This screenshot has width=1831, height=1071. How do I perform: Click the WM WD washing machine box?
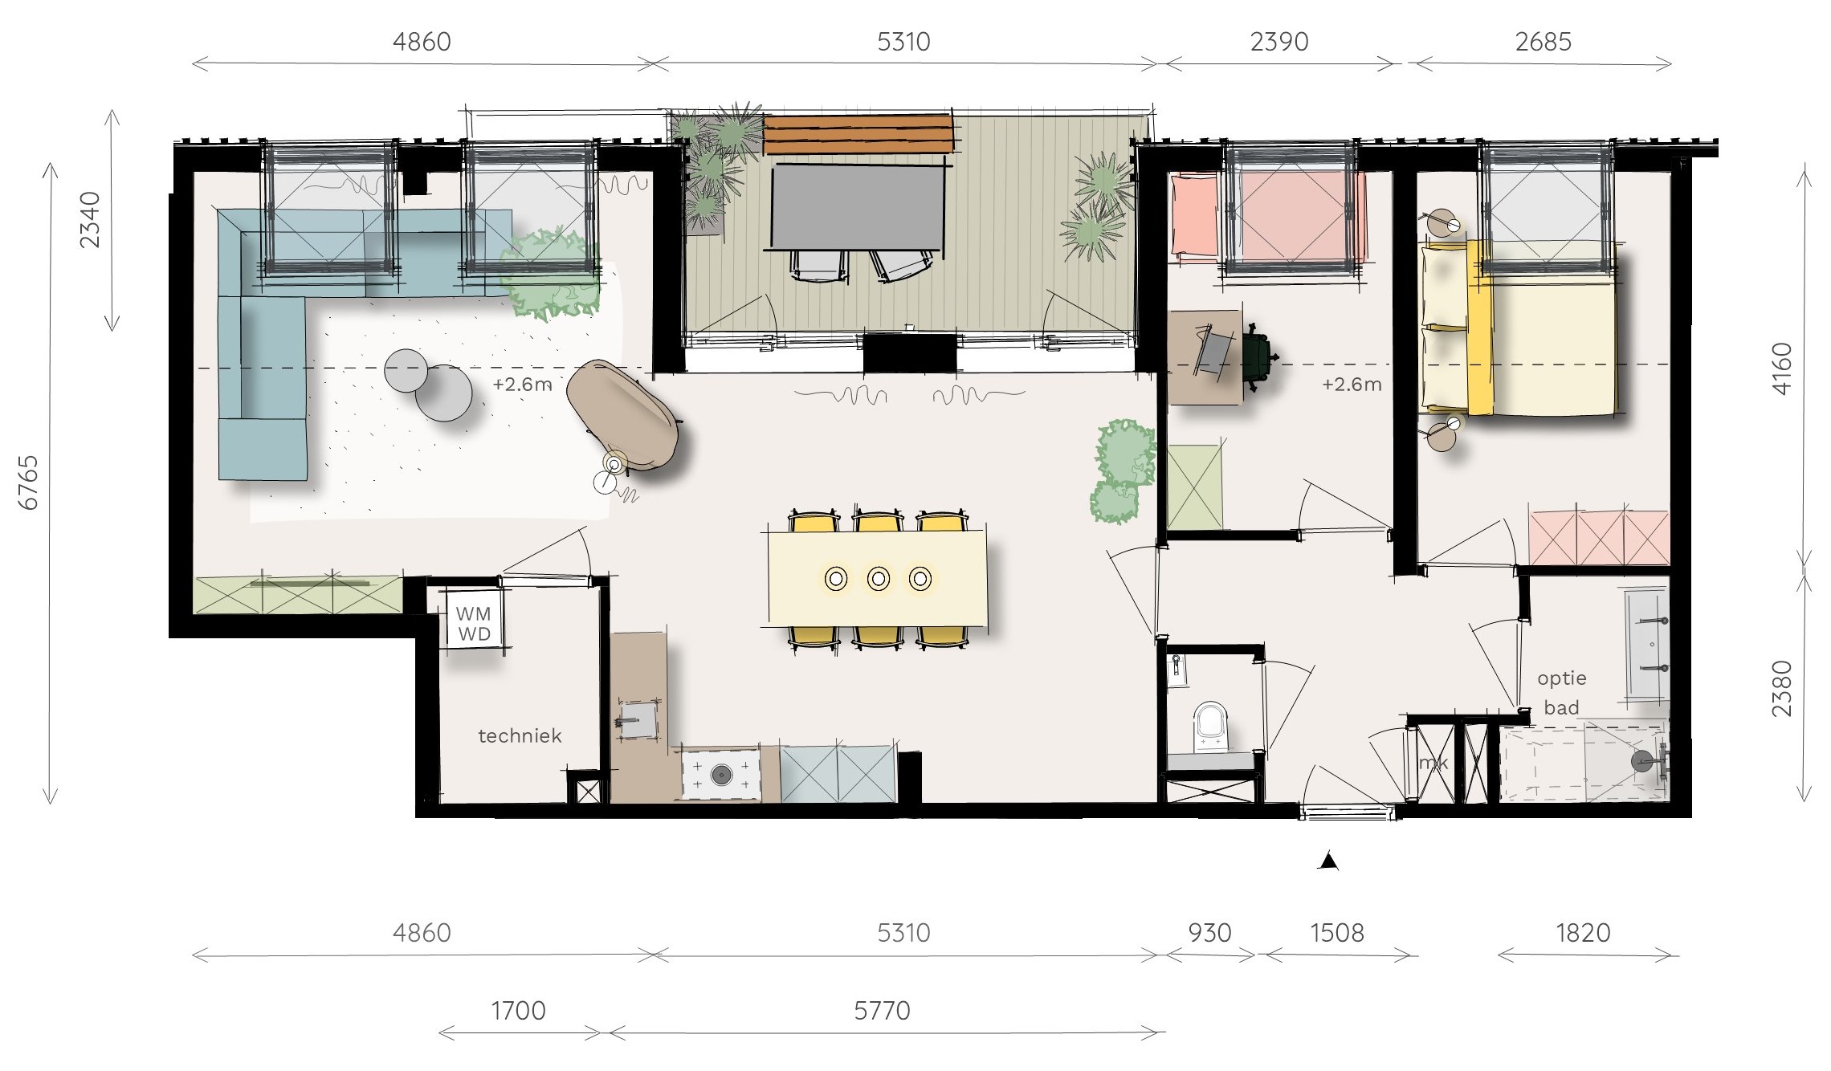coord(474,623)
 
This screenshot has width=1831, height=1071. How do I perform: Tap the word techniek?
coord(520,735)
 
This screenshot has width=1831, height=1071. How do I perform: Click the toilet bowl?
coord(1210,725)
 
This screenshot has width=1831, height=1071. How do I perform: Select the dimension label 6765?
coord(29,483)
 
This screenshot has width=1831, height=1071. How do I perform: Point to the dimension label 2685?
coord(1543,42)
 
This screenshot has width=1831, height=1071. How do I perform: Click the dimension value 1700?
coord(518,1011)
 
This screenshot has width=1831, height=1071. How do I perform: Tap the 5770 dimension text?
coord(882,1011)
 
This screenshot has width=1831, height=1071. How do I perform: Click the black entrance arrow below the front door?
coord(1328,861)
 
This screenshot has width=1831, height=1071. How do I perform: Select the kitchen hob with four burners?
coord(721,775)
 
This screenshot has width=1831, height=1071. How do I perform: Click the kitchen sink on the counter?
coord(638,718)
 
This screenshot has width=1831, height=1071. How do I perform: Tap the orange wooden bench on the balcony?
coord(858,135)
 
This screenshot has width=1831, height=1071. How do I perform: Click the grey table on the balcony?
coord(858,208)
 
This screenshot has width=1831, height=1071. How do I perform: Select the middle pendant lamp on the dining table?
coord(879,578)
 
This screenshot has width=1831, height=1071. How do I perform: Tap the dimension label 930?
coord(1209,933)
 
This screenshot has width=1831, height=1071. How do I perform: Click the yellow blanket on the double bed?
coord(1479,328)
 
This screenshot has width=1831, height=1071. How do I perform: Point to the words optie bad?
coord(1562,693)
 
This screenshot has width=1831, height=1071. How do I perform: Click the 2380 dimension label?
coord(1781,689)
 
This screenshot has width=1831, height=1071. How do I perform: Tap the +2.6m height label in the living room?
coord(523,385)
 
